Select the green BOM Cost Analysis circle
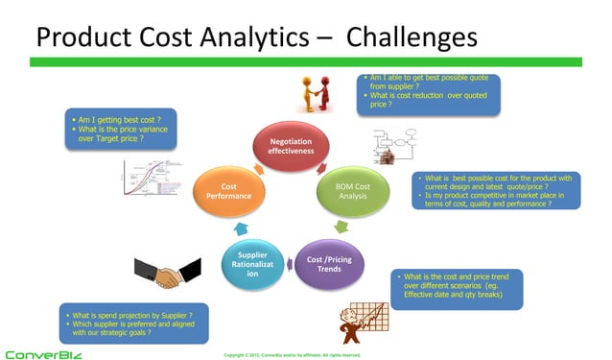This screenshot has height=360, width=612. (352, 191)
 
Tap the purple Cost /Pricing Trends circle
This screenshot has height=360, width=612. (328, 263)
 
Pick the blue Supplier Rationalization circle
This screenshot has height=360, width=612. (252, 264)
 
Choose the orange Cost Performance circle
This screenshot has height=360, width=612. (228, 191)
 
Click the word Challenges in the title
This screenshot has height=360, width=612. (411, 37)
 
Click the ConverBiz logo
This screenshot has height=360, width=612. (44, 353)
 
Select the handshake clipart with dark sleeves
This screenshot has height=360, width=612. (158, 276)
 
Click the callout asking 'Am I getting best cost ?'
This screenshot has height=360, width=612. (119, 129)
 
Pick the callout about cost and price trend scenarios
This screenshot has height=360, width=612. (457, 288)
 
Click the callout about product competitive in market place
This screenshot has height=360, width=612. (495, 191)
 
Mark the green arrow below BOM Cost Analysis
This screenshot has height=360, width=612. (341, 228)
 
